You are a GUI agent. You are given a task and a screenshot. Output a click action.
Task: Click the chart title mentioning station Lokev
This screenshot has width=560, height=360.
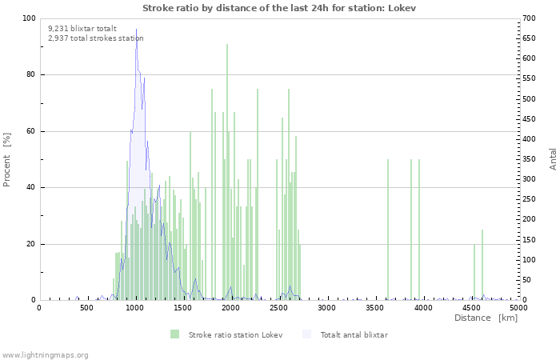pos(279,7)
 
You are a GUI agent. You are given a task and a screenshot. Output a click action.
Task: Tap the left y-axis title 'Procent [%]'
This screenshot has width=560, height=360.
pos(7,159)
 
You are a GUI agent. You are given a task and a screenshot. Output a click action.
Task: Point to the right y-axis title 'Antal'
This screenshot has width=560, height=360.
pos(554,159)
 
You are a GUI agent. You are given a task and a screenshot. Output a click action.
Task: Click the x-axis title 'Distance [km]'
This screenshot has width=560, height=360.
pos(486,318)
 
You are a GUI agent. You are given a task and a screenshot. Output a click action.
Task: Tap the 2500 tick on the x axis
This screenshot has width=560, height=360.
pos(278,307)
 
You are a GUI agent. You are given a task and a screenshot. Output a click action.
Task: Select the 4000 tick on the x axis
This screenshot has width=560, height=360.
pos(422,307)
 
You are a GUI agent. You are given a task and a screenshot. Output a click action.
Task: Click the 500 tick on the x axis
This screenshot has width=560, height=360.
pos(86,307)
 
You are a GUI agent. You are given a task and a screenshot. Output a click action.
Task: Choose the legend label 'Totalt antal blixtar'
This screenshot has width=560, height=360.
pos(354,334)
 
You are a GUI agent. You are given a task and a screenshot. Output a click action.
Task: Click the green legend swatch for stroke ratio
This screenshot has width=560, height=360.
pos(174,334)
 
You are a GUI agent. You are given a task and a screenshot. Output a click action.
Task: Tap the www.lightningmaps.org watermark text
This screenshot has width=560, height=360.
pos(45,354)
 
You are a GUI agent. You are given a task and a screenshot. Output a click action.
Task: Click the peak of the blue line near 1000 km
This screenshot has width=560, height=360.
pos(136,30)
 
